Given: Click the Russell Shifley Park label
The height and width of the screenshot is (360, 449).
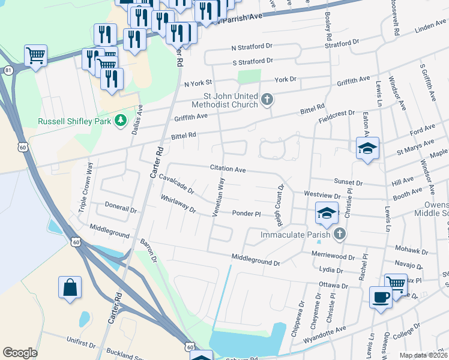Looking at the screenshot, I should point(74,121).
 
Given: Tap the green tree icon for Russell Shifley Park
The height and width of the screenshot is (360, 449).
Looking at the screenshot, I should point(121,121).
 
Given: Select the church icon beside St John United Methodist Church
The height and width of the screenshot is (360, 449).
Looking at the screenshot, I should point(267,98).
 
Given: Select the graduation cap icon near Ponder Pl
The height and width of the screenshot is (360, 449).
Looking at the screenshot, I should point(327,213).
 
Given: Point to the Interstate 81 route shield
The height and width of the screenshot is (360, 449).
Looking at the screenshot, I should point(8,70).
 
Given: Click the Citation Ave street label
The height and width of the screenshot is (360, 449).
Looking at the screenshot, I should point(228,169).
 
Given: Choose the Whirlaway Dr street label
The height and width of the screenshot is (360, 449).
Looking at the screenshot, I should point(178,204).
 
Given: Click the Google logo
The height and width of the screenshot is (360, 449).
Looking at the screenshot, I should point(20,353).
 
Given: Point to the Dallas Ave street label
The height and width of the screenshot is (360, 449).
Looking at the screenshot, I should point(137,118).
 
